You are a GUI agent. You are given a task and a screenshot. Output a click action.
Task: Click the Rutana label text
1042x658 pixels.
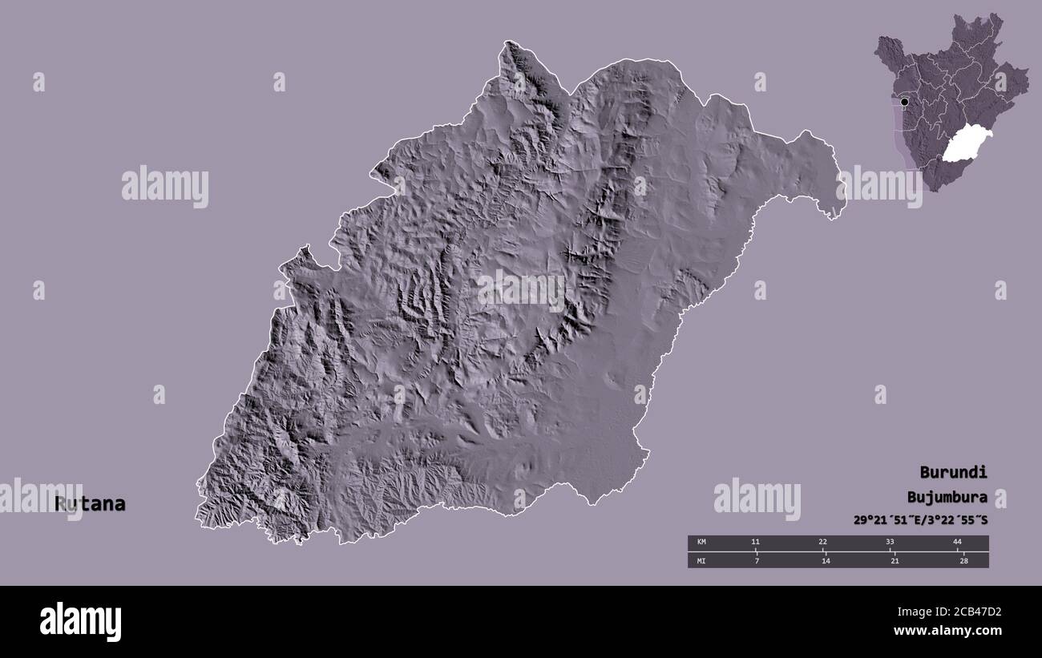(x=90, y=504)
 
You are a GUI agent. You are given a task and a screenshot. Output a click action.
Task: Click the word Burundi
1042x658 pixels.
(x=953, y=472)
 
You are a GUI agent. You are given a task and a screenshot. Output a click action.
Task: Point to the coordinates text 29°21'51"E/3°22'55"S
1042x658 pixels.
(x=920, y=520)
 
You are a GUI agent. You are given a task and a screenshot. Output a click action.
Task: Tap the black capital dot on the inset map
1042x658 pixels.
(x=904, y=102)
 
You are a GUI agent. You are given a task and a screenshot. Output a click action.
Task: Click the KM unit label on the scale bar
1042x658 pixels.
(x=701, y=543)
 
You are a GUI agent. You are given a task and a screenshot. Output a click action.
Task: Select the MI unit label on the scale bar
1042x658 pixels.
(x=701, y=560)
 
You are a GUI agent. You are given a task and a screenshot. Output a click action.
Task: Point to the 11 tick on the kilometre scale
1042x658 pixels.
(x=755, y=543)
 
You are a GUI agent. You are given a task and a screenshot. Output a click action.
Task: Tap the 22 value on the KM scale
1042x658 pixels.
(x=822, y=543)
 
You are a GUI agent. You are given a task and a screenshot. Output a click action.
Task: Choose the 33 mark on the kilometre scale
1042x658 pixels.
(x=890, y=543)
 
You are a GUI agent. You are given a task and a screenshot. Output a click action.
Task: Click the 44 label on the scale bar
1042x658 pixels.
(x=957, y=543)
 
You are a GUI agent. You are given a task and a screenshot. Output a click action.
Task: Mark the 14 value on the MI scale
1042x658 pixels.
(x=826, y=560)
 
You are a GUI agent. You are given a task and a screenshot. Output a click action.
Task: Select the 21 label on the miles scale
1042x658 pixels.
(x=895, y=560)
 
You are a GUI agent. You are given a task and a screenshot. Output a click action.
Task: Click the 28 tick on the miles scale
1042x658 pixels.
(x=963, y=560)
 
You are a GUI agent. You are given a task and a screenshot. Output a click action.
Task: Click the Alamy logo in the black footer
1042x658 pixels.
(x=80, y=622)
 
